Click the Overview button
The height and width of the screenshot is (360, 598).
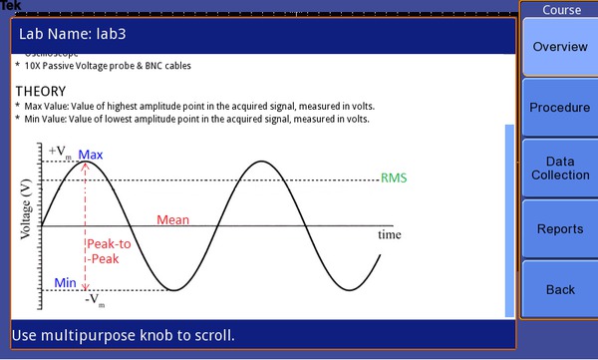pos(559,47)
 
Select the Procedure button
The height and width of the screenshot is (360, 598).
pos(559,108)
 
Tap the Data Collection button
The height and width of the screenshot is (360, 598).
pos(559,168)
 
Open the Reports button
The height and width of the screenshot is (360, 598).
pos(559,229)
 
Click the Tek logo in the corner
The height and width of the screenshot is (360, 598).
pos(10,6)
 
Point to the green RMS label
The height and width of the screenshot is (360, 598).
pos(394,179)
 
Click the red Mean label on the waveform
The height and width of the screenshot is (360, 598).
pos(173,220)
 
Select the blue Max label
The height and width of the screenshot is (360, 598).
pos(91,155)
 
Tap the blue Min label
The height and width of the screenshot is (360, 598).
pos(66,283)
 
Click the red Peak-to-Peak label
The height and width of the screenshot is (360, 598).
pos(108,251)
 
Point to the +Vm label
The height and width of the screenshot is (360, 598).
pos(59,152)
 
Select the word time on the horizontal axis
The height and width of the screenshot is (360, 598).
pos(389,235)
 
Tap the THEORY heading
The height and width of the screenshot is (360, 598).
pos(40,91)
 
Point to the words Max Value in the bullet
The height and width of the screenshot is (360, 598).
pos(49,106)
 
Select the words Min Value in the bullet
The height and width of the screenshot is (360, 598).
pos(48,119)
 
